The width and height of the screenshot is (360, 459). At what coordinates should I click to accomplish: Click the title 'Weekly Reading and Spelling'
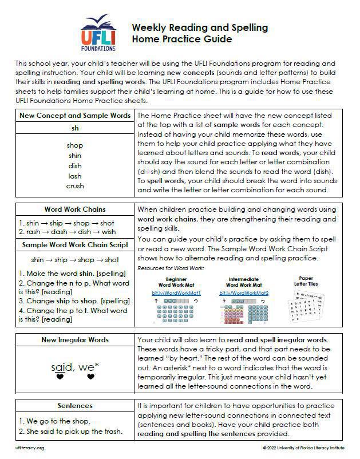[200, 27]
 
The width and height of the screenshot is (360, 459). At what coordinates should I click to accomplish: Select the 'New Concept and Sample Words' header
[74, 115]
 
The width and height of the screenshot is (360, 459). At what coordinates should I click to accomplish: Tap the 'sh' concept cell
[74, 128]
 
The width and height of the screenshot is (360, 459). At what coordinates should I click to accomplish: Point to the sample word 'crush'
[74, 186]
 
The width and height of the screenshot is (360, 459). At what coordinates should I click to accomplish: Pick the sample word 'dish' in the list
[74, 166]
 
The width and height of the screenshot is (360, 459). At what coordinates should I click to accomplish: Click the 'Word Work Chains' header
[74, 209]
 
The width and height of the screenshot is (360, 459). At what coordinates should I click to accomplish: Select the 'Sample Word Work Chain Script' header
[74, 245]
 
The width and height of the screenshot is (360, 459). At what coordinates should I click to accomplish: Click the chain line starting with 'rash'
[67, 232]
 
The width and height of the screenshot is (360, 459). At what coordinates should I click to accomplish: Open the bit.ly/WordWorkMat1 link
[172, 292]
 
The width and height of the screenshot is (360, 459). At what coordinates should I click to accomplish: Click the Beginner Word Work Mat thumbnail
[172, 310]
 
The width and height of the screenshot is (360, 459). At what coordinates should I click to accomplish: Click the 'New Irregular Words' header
[74, 340]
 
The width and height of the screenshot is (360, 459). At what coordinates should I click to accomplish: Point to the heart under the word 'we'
[90, 377]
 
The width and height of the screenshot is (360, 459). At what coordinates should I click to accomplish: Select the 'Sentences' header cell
[74, 406]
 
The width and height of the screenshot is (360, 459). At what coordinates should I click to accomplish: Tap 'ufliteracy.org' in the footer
[30, 448]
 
